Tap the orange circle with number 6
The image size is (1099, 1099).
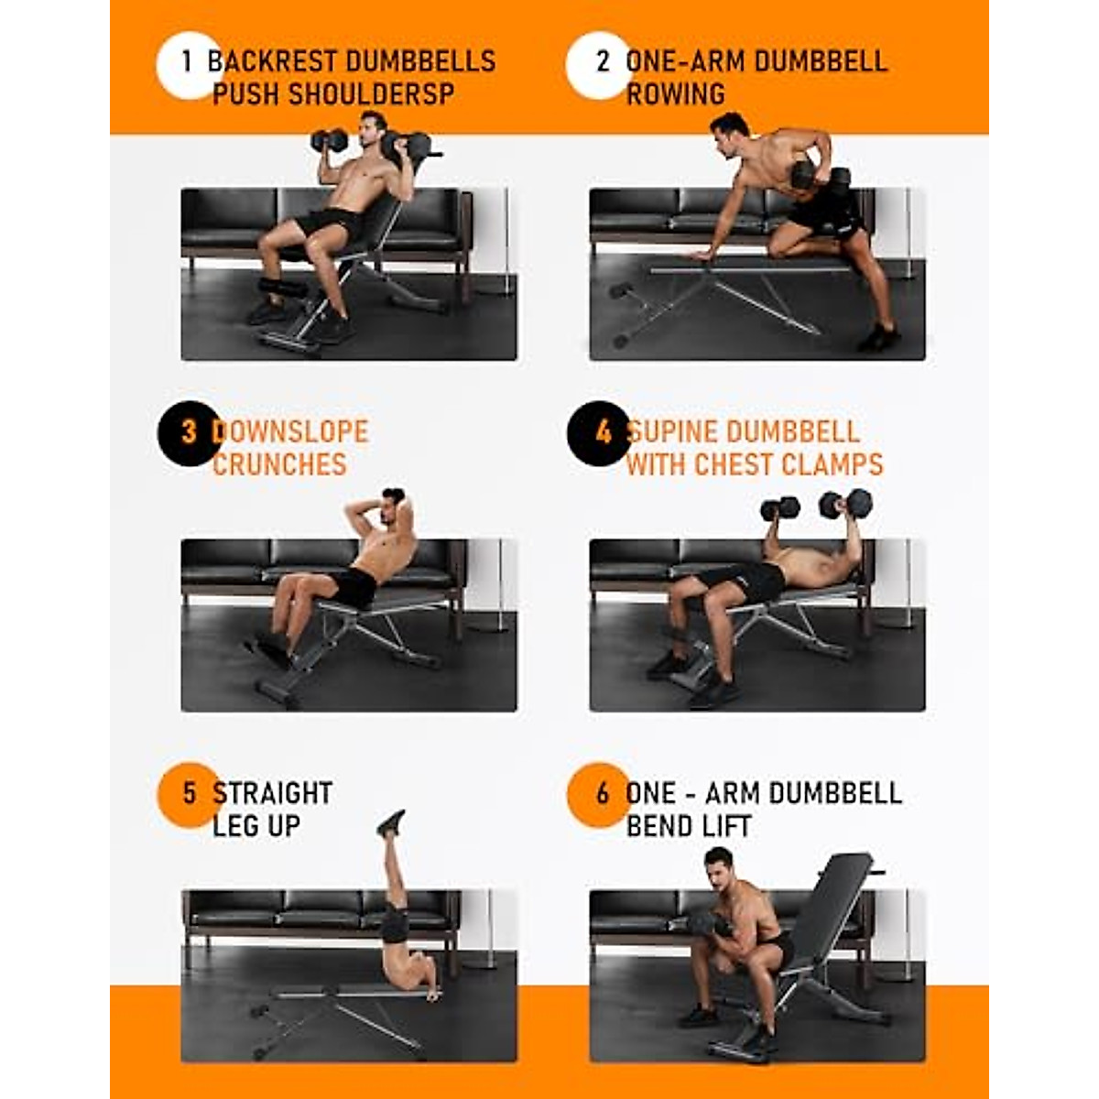(x=600, y=795)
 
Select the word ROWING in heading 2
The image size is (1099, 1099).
(x=675, y=94)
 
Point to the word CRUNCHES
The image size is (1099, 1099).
(x=279, y=464)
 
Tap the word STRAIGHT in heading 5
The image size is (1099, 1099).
(x=272, y=793)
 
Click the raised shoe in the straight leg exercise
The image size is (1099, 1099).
(x=390, y=823)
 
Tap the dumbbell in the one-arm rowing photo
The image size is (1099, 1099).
(x=806, y=175)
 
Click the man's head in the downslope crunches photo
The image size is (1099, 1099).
(x=394, y=505)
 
